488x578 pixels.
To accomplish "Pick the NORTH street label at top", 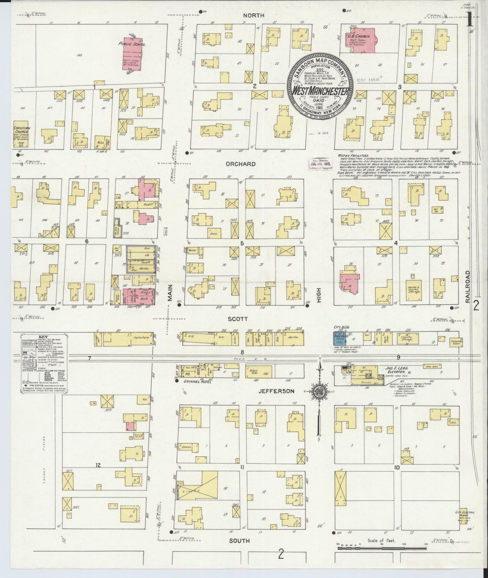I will (255, 16).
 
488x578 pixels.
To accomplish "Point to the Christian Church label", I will (22, 130).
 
